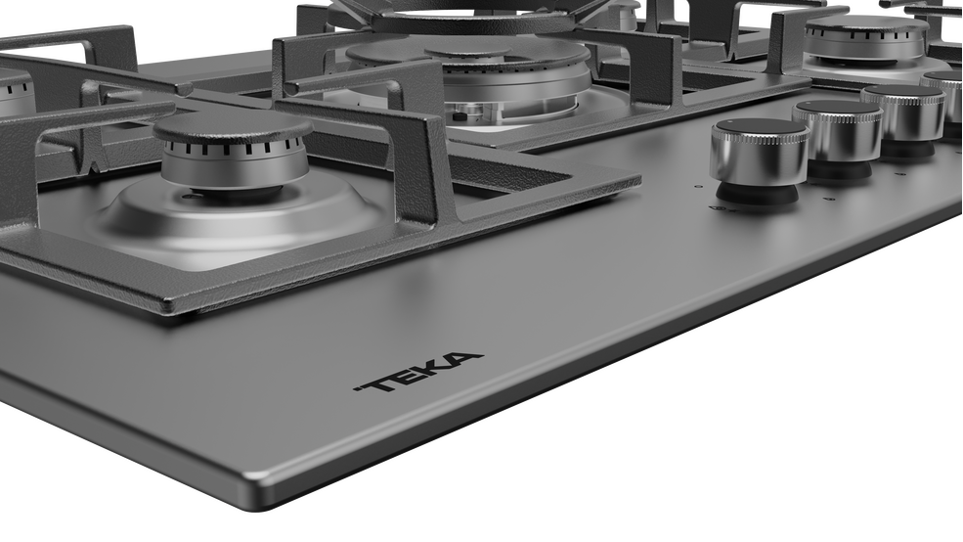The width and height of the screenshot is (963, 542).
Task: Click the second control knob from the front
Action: [x=838, y=138]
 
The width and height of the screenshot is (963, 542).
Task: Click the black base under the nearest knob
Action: [x=758, y=196]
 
